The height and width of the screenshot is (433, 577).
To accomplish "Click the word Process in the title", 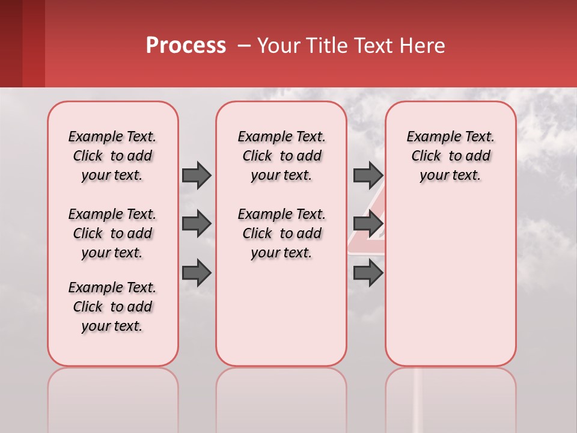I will click(186, 46).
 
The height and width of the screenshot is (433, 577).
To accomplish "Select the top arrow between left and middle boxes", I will click(197, 175).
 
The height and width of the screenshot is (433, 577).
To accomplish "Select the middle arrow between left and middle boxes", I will click(197, 224).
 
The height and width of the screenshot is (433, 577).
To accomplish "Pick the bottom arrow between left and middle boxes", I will click(197, 273).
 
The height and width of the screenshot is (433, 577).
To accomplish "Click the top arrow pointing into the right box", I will click(368, 175).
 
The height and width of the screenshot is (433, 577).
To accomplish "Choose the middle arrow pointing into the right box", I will click(368, 224).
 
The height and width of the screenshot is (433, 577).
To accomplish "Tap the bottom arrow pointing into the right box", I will click(368, 273).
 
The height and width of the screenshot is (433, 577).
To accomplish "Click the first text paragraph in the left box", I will click(112, 156).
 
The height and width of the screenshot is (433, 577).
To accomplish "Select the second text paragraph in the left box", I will click(112, 233).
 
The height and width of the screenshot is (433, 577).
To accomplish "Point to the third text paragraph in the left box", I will click(112, 307).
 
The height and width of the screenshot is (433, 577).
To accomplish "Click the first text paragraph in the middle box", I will click(281, 156).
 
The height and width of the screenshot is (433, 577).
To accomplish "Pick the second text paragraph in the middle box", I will click(281, 233).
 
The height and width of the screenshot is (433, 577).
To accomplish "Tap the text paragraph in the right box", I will click(450, 156).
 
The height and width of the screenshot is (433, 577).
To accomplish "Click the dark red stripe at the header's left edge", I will click(11, 43).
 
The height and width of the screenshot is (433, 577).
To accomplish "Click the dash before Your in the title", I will click(244, 46).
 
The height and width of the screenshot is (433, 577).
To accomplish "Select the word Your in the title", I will click(277, 46).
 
